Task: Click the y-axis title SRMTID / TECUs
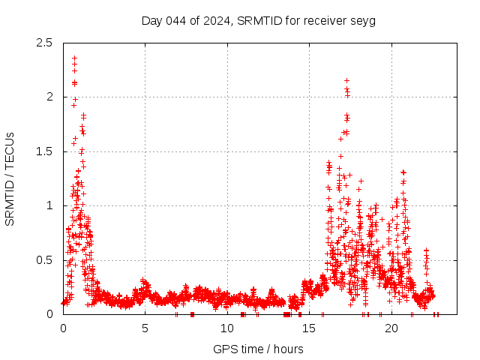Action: pyautogui.click(x=10, y=178)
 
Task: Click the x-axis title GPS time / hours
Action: pyautogui.click(x=258, y=349)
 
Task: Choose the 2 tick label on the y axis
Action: pyautogui.click(x=49, y=97)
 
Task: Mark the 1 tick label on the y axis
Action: pyautogui.click(x=49, y=205)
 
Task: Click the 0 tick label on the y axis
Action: pyautogui.click(x=49, y=314)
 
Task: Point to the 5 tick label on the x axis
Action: pyautogui.click(x=145, y=328)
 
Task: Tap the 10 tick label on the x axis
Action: pyautogui.click(x=227, y=328)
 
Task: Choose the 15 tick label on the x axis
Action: pyautogui.click(x=309, y=328)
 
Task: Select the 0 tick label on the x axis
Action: pyautogui.click(x=63, y=328)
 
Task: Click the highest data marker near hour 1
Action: pyautogui.click(x=74, y=58)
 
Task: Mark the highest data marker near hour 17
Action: pyautogui.click(x=346, y=80)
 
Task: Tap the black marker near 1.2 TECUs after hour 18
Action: pyautogui.click(x=361, y=181)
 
